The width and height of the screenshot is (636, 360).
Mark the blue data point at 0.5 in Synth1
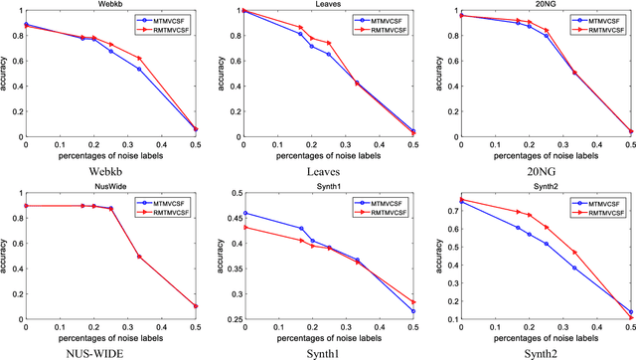click(413, 311)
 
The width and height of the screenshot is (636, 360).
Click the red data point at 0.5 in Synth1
click(413, 301)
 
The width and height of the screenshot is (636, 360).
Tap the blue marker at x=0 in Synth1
click(244, 213)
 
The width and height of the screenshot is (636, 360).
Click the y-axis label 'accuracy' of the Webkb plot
click(7, 74)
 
